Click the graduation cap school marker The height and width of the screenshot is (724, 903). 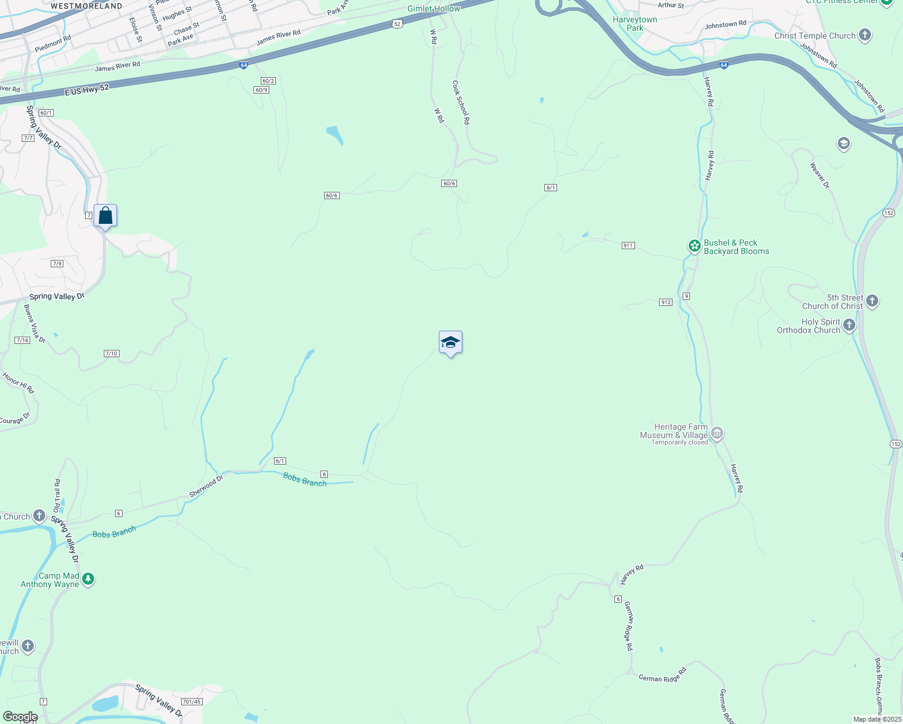pyautogui.click(x=450, y=343)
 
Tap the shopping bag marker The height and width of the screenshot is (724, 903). pyautogui.click(x=105, y=215)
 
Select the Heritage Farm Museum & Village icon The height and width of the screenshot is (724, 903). pyautogui.click(x=717, y=433)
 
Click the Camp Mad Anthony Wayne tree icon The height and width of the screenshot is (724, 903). pyautogui.click(x=88, y=579)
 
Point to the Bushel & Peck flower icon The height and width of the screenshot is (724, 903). pyautogui.click(x=695, y=246)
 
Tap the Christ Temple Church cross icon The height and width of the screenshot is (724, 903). pyautogui.click(x=865, y=35)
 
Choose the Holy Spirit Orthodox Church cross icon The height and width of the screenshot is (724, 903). pyautogui.click(x=849, y=325)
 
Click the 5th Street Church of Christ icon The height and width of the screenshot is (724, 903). pyautogui.click(x=872, y=300)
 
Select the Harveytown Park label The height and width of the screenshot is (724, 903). pyautogui.click(x=634, y=24)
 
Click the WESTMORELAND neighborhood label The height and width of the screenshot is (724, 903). pyautogui.click(x=86, y=6)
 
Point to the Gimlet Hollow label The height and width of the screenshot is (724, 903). pyautogui.click(x=433, y=8)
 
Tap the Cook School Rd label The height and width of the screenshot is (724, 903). pyautogui.click(x=461, y=103)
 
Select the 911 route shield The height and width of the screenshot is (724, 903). pyautogui.click(x=628, y=246)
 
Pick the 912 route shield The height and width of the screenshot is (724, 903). pyautogui.click(x=665, y=302)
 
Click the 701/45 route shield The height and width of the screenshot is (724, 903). pyautogui.click(x=191, y=702)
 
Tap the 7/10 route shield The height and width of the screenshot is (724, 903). pyautogui.click(x=111, y=354)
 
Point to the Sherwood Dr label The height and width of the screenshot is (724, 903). pyautogui.click(x=206, y=486)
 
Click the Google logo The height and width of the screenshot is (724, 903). pyautogui.click(x=20, y=717)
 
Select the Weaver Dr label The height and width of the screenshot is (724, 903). pyautogui.click(x=819, y=175)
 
